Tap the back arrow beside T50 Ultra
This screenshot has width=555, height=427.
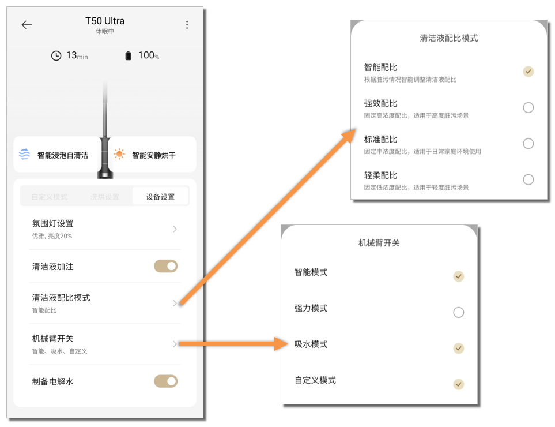[27, 25]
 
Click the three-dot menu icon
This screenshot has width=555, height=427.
[187, 25]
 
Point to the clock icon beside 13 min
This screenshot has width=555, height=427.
[56, 55]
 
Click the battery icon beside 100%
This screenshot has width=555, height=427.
[128, 55]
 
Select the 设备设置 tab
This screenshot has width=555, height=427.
[160, 197]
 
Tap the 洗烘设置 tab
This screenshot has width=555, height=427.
[104, 197]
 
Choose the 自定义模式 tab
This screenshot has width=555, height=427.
[49, 197]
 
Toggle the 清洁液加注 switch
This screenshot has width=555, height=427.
[165, 266]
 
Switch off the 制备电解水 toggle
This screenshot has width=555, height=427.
[165, 381]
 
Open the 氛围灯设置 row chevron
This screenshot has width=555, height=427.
[175, 229]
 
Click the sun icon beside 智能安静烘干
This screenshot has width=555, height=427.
[119, 154]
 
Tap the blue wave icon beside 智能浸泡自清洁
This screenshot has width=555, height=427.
[24, 154]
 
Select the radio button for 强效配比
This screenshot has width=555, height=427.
[528, 107]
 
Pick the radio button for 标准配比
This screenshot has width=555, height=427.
[528, 144]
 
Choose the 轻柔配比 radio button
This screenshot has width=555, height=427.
[528, 179]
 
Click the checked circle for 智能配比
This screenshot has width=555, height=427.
[528, 72]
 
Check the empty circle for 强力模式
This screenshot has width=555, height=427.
[458, 312]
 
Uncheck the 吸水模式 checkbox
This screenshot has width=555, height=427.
[458, 348]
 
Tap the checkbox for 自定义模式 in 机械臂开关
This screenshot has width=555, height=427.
[458, 384]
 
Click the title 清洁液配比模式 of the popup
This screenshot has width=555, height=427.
[448, 38]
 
